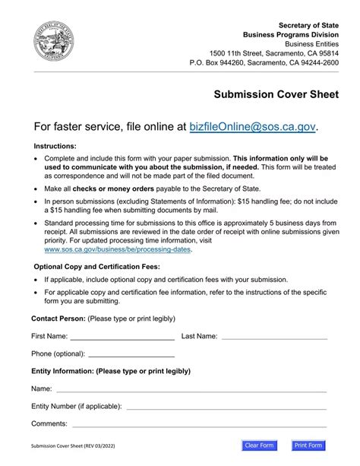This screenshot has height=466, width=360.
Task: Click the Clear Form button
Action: click(x=260, y=445)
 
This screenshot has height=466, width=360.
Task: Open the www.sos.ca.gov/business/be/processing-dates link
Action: click(x=118, y=249)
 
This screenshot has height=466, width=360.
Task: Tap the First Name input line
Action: click(x=122, y=336)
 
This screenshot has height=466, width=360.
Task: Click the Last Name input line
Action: click(x=273, y=336)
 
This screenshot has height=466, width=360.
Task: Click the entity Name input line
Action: click(x=191, y=389)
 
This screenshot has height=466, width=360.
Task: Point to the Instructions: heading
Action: click(x=55, y=145)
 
